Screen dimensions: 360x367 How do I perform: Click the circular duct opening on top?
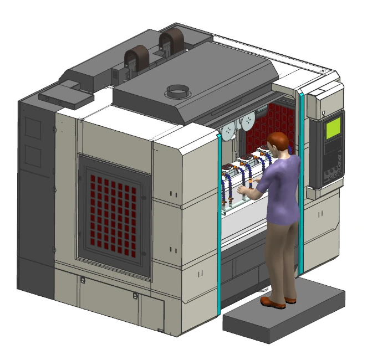click(x=179, y=90)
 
